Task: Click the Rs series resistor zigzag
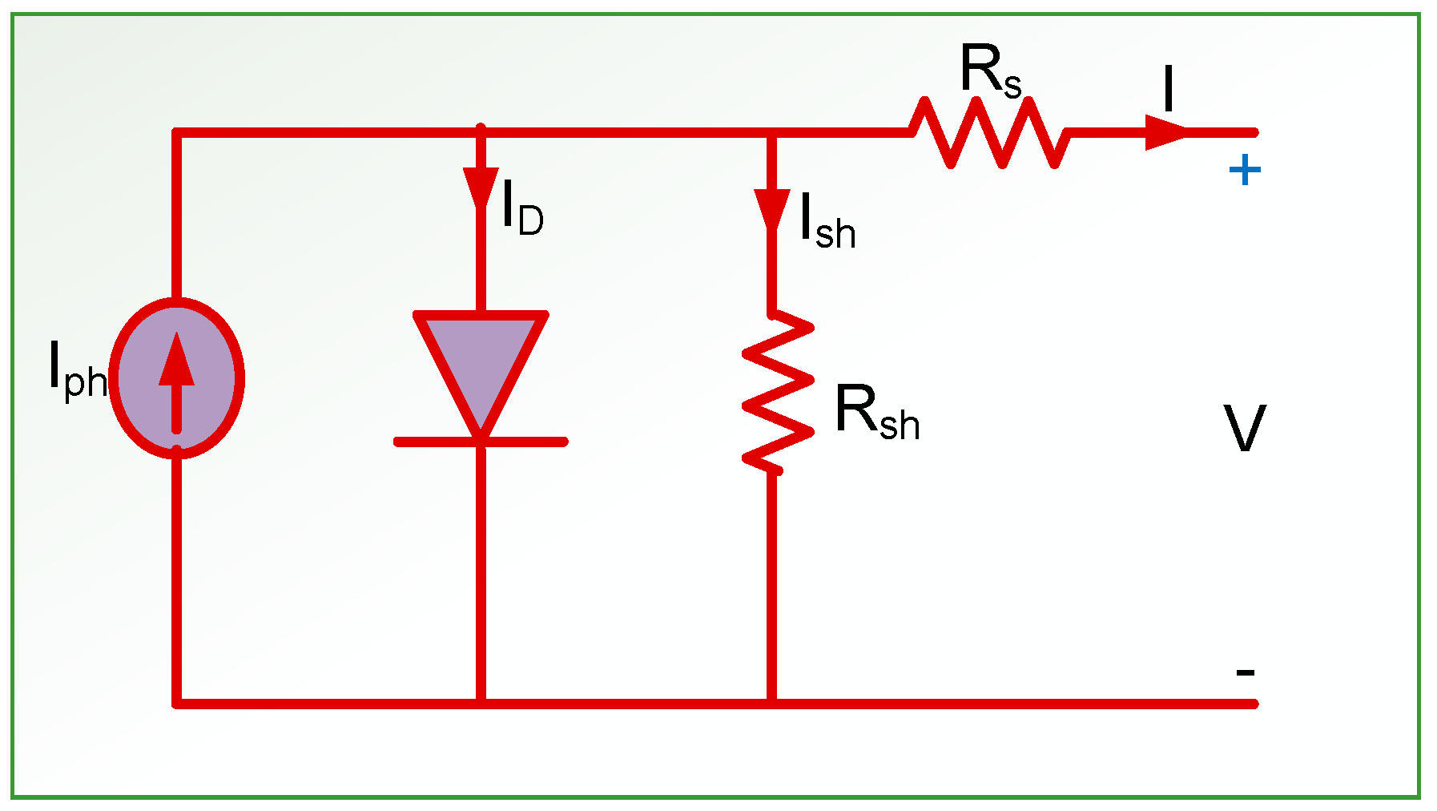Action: pos(990,132)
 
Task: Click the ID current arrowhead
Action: pos(481,188)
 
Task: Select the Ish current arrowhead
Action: pos(772,208)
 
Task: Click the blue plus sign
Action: pos(1245,170)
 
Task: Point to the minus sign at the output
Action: pos(1245,672)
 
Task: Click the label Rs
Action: pos(990,72)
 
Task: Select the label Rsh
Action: pos(876,412)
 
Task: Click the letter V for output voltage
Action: pos(1244,429)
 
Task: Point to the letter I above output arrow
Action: pos(1169,89)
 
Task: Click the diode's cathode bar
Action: pos(481,442)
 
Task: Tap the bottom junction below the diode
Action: pos(481,704)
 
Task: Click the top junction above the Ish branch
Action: pos(772,133)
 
